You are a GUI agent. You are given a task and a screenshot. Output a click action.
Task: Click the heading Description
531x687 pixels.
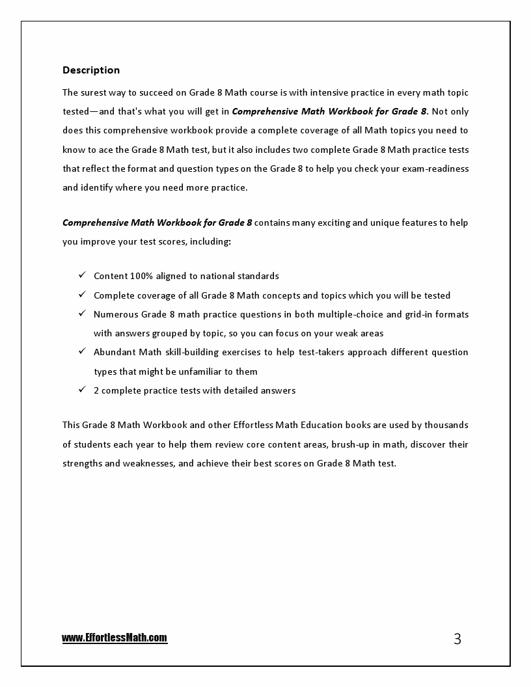tap(91, 70)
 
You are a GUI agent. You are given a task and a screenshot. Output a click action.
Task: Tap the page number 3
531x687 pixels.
tap(457, 639)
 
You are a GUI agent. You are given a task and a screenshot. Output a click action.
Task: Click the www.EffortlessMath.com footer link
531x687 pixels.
tap(115, 638)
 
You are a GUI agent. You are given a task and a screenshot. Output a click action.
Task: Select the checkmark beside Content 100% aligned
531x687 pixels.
tap(82, 275)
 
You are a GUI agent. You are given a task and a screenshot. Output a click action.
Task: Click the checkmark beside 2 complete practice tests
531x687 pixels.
tap(82, 390)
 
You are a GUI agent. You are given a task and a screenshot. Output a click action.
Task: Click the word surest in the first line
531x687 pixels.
tap(96, 92)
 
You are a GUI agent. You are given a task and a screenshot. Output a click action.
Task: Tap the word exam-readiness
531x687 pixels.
tap(437, 168)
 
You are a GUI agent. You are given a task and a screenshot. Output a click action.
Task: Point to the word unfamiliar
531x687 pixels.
tap(196, 371)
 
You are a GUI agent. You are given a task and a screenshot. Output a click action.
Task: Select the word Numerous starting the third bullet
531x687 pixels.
tap(116, 314)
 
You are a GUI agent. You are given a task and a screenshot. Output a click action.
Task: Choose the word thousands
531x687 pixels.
tap(446, 425)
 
